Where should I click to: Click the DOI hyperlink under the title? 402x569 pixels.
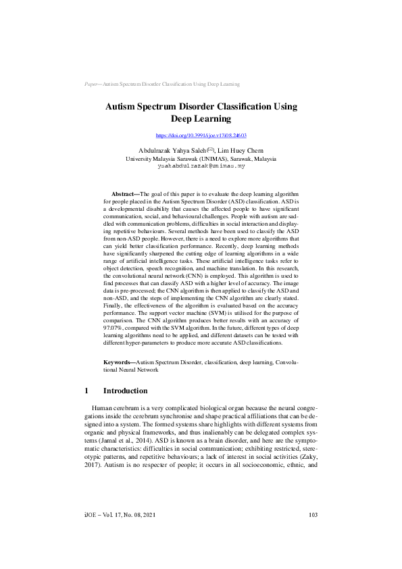[x=201, y=136]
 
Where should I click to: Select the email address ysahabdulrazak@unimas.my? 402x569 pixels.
[x=201, y=165]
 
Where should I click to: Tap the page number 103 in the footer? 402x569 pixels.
[x=313, y=534]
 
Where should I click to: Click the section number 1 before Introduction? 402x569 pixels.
[x=86, y=391]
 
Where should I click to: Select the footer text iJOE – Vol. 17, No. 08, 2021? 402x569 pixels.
[x=119, y=534]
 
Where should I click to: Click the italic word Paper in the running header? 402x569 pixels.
[x=91, y=84]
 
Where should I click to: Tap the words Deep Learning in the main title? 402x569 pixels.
[x=201, y=119]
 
